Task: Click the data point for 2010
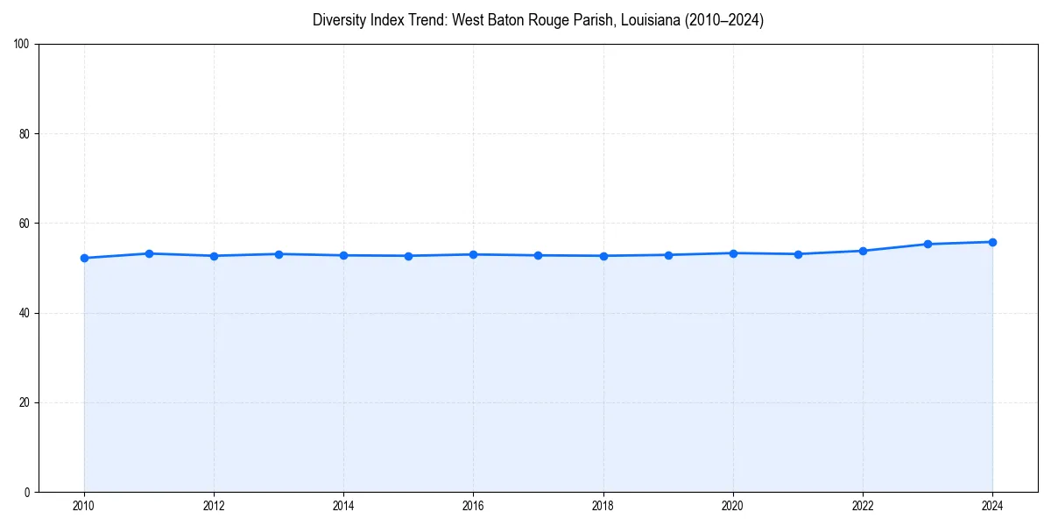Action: click(84, 258)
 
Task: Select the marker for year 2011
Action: click(149, 253)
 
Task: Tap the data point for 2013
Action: click(279, 254)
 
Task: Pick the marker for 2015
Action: click(408, 256)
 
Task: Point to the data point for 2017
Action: click(538, 255)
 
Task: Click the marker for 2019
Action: click(668, 255)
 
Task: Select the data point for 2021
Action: click(798, 254)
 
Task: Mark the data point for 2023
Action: click(928, 244)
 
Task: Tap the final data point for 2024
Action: click(992, 242)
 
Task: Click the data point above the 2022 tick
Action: click(863, 251)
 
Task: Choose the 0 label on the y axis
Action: click(28, 492)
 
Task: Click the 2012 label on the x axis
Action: click(214, 506)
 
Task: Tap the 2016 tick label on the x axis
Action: click(473, 506)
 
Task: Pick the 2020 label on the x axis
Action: click(733, 506)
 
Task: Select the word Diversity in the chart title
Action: click(338, 20)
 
